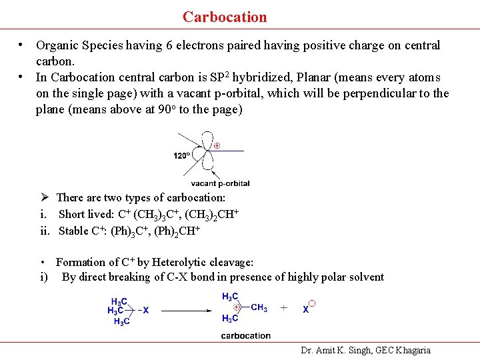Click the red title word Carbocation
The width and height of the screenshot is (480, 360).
[225, 17]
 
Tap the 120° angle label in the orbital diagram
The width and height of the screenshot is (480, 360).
[182, 156]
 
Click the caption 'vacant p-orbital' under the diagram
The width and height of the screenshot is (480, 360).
[220, 183]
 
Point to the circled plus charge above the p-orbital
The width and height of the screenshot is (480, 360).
[217, 145]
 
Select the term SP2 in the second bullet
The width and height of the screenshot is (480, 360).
[215, 77]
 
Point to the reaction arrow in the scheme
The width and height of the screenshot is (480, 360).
[183, 310]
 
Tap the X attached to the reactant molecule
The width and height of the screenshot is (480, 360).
[146, 310]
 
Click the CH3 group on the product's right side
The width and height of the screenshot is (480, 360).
[259, 307]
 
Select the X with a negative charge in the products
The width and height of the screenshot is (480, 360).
[307, 309]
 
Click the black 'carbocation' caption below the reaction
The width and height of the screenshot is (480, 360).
[245, 335]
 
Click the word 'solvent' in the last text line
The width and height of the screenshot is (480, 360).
[365, 277]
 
